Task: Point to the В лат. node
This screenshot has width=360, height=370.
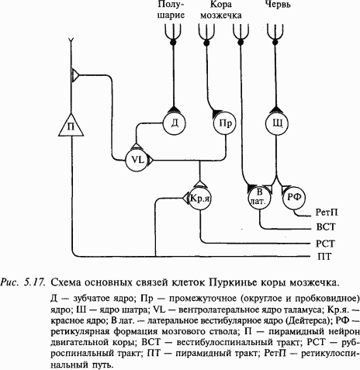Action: [259, 198]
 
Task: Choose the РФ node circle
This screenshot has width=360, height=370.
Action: [295, 199]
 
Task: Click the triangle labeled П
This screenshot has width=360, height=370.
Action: [71, 125]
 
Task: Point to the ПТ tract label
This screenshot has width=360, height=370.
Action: [324, 256]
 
